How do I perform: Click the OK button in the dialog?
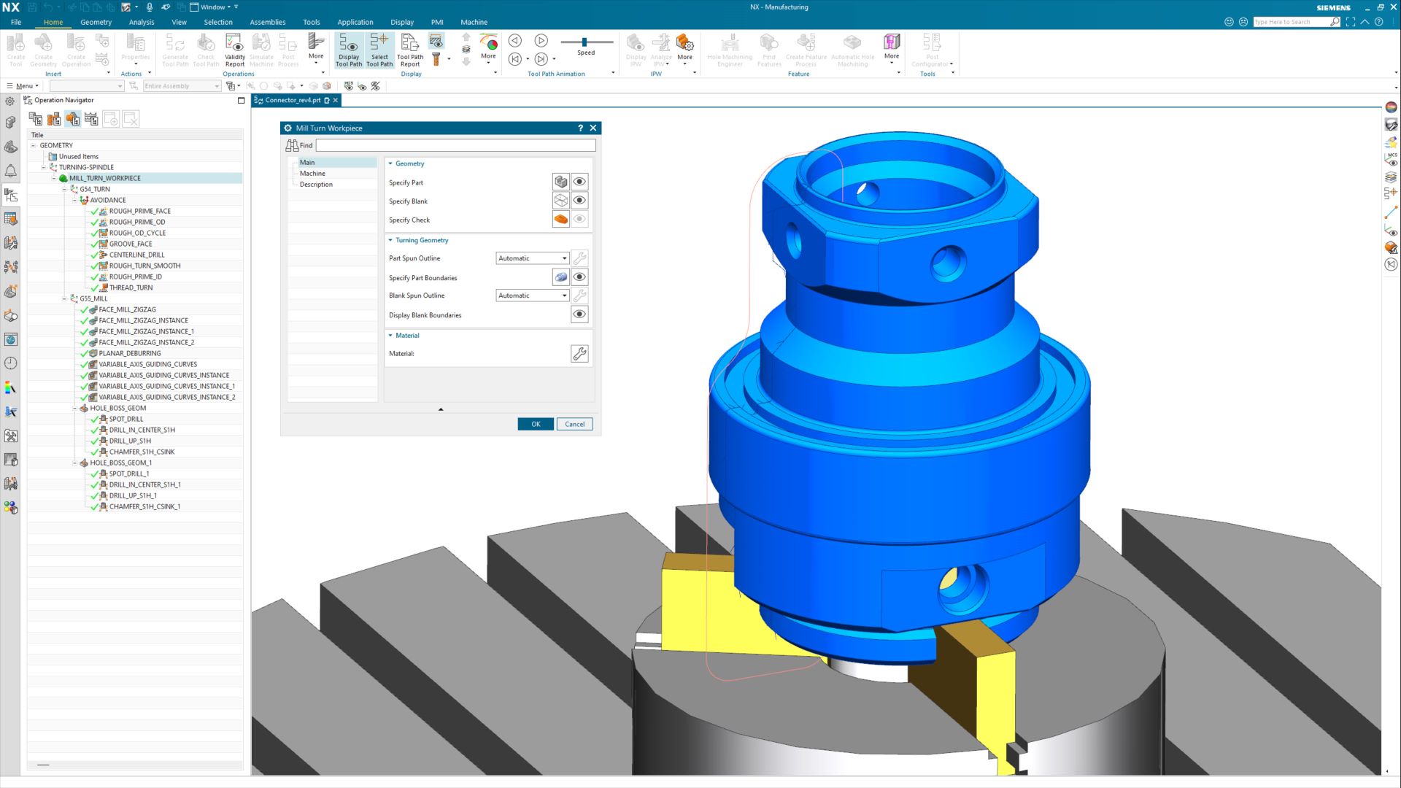point(535,424)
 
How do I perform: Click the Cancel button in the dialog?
point(574,424)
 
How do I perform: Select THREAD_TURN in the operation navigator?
point(131,287)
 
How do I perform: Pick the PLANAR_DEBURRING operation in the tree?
point(129,353)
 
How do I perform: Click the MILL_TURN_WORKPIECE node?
point(104,178)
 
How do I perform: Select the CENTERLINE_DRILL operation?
point(136,255)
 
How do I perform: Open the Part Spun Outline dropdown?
point(532,258)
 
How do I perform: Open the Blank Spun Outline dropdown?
point(532,295)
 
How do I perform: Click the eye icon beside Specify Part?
point(579,182)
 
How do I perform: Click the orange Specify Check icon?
point(560,219)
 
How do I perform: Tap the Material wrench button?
point(579,354)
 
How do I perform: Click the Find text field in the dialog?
point(455,145)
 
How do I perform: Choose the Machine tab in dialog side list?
point(312,174)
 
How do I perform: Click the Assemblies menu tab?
point(267,22)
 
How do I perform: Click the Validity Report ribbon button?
point(234,50)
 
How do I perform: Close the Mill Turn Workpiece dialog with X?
point(593,128)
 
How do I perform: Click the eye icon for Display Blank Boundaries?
point(579,314)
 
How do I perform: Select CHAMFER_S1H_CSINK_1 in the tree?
point(144,506)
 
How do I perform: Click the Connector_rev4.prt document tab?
point(292,100)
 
